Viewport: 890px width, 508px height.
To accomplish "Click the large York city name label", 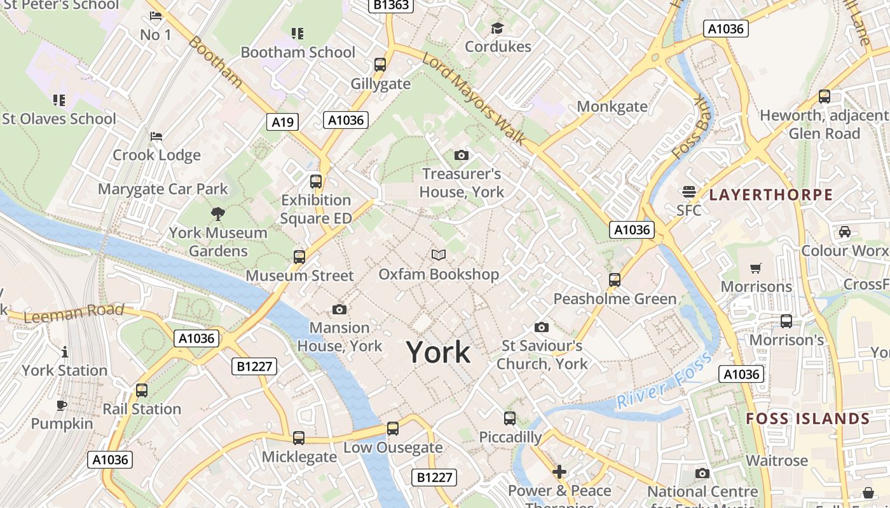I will click(x=438, y=352).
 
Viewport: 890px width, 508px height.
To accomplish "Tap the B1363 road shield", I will click(x=392, y=5).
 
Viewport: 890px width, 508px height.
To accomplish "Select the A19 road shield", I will click(x=282, y=122).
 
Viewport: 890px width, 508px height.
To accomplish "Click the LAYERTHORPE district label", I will click(x=770, y=195).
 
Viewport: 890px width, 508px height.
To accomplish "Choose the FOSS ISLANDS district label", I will click(x=807, y=419).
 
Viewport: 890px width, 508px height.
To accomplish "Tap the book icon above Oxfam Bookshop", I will click(x=438, y=255).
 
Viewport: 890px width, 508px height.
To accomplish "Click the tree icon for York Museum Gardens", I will click(x=218, y=213).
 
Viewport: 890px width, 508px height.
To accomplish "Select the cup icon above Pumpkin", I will click(x=62, y=405).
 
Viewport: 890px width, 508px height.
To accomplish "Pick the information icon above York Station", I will click(x=64, y=352).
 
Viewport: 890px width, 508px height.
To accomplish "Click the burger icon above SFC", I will click(x=688, y=191).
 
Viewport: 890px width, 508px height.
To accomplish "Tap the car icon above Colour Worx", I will click(x=844, y=232).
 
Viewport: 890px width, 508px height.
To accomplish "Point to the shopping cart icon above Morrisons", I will click(x=755, y=268).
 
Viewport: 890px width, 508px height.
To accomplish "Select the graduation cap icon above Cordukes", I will click(x=497, y=28).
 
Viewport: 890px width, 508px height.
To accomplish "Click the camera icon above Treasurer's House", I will click(x=462, y=155).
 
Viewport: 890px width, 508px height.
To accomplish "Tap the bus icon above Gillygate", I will click(x=380, y=65).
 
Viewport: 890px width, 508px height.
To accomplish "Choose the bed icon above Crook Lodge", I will click(x=156, y=137).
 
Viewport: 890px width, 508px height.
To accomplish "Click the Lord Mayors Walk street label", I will click(x=474, y=98).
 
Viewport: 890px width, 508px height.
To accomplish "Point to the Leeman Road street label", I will click(x=74, y=312).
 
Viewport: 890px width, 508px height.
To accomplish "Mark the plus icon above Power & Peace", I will click(x=559, y=472).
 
